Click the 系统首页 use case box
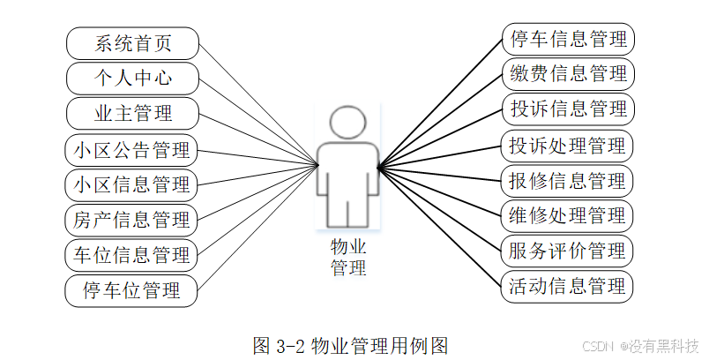[x=132, y=43]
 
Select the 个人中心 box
[x=132, y=79]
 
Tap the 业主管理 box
[x=132, y=114]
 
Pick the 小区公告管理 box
[x=132, y=150]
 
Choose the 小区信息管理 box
[x=132, y=185]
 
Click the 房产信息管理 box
[x=132, y=220]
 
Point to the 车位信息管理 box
[x=132, y=256]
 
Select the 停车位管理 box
[x=132, y=290]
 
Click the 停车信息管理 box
[x=568, y=39]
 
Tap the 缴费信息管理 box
[x=568, y=73]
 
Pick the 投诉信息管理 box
[x=568, y=109]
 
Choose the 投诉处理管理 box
[x=568, y=145]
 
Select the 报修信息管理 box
[x=568, y=181]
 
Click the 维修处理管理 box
[x=568, y=215]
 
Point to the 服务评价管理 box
[x=568, y=251]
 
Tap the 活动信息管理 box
[x=568, y=286]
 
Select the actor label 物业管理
[x=348, y=257]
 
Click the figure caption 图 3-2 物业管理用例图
[x=351, y=345]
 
